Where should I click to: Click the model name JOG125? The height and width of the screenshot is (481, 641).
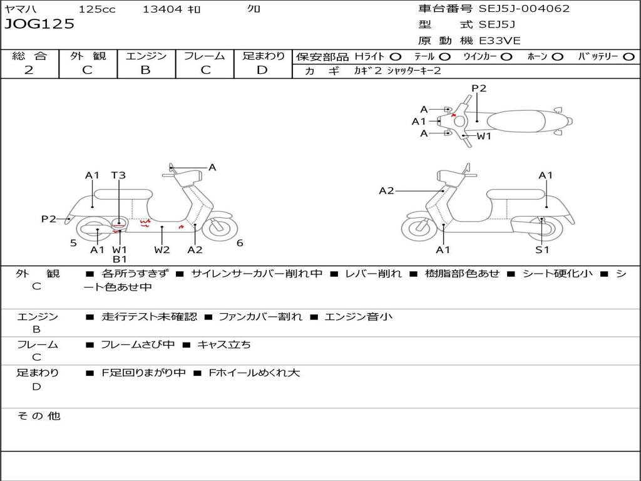[x=39, y=24]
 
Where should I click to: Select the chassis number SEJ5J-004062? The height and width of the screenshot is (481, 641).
[x=524, y=9]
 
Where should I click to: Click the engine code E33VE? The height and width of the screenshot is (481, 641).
[x=501, y=41]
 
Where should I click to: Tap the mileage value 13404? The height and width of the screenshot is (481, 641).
[x=162, y=9]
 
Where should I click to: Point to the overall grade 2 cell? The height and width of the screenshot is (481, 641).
[x=29, y=70]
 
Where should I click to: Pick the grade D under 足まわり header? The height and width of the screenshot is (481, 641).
[x=262, y=70]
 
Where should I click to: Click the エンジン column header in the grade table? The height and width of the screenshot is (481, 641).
[x=146, y=56]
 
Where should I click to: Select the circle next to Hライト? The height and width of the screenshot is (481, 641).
[x=396, y=56]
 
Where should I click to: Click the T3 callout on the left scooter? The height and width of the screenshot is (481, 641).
[x=118, y=175]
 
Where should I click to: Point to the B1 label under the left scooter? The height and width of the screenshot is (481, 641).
[x=120, y=259]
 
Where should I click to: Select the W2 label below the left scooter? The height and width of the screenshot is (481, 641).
[x=162, y=250]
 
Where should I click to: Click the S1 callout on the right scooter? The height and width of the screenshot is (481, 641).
[x=542, y=250]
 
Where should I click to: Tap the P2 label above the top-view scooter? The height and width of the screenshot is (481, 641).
[x=479, y=88]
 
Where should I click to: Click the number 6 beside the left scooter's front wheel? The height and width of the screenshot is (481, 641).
[x=240, y=243]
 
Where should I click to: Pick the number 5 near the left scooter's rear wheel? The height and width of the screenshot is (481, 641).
[x=73, y=243]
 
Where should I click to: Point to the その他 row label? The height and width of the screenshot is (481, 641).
[x=38, y=416]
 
